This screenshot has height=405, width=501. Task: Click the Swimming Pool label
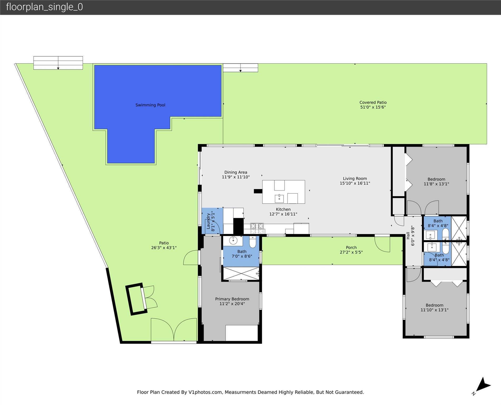(x=150, y=105)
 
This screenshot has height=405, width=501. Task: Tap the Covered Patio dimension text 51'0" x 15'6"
(x=373, y=107)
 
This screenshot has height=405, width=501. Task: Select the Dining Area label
(x=236, y=172)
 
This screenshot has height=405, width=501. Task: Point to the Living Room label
(x=355, y=179)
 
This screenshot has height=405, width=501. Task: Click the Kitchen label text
(x=283, y=209)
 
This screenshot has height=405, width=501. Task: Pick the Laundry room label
(x=208, y=221)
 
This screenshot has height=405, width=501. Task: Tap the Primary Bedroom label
(x=232, y=299)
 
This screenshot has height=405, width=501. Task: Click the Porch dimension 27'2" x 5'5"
(x=351, y=252)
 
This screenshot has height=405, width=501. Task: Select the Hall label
(x=408, y=235)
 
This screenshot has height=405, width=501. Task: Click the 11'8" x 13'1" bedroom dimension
(x=436, y=184)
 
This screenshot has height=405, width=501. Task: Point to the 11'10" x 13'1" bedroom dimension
(x=434, y=310)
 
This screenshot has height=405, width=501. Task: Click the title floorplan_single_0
(x=44, y=7)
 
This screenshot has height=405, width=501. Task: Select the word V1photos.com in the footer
(x=205, y=392)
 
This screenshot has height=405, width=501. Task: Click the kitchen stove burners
(x=257, y=229)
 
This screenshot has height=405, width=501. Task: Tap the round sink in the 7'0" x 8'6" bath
(x=233, y=240)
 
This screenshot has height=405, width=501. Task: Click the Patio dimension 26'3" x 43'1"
(x=164, y=248)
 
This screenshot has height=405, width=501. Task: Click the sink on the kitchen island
(x=279, y=199)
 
